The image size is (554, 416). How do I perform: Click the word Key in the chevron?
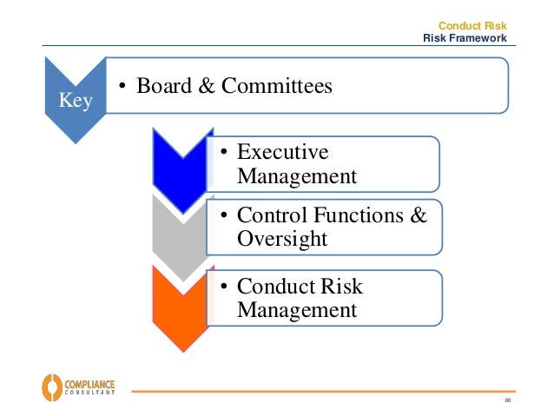click(75, 99)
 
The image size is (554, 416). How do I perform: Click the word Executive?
click(282, 153)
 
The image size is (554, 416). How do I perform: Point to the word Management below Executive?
click(296, 177)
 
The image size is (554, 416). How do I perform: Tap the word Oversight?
click(281, 238)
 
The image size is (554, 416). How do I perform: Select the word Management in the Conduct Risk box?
click(296, 310)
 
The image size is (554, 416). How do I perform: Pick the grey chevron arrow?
click(179, 230)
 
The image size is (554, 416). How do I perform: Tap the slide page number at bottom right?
click(508, 400)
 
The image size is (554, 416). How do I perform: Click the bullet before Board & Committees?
click(122, 85)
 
